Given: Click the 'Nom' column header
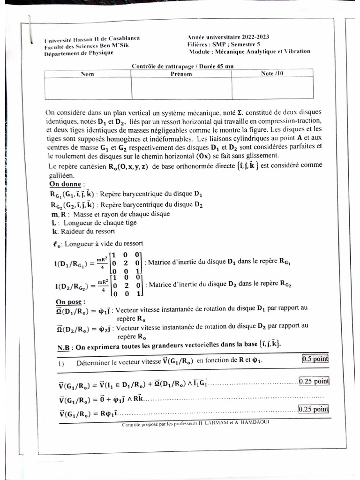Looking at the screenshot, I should [x=88, y=74].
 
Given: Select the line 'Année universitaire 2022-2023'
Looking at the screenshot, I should [x=228, y=37].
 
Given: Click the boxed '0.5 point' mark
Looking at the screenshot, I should [x=315, y=359].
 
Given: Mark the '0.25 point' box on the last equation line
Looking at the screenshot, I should [x=314, y=409].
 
